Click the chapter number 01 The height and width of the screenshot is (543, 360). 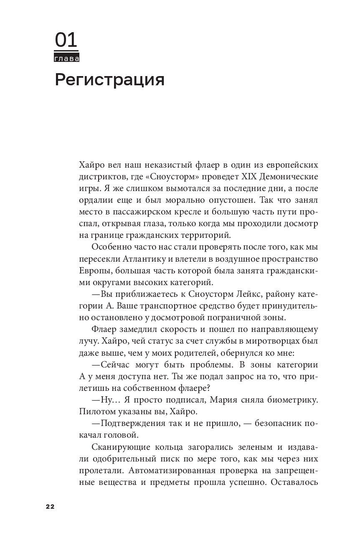[66, 41]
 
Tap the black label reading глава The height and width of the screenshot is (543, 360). [66, 59]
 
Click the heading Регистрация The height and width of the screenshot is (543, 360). [109, 79]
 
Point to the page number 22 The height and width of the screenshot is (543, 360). [50, 506]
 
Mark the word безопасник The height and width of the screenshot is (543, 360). [273, 423]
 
